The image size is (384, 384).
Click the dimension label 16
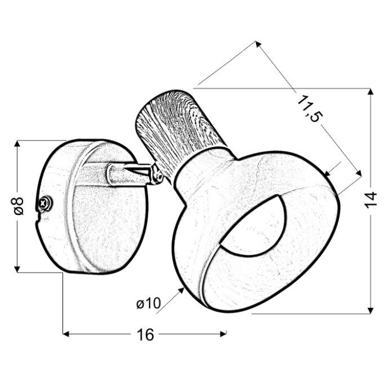[x=145, y=334]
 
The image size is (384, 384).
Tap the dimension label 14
[x=371, y=200]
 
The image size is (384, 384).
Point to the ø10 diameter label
[x=149, y=303]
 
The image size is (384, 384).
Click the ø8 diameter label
[x=18, y=206]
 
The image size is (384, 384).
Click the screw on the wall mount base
[x=45, y=203]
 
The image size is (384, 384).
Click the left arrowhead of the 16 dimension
[x=66, y=334]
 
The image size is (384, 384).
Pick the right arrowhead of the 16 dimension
[x=223, y=334]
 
